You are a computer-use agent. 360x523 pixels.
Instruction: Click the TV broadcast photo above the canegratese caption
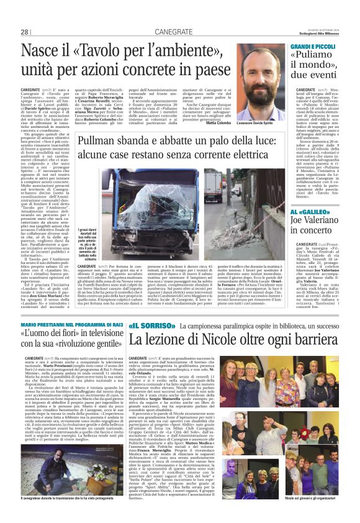click(x=69, y=469)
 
